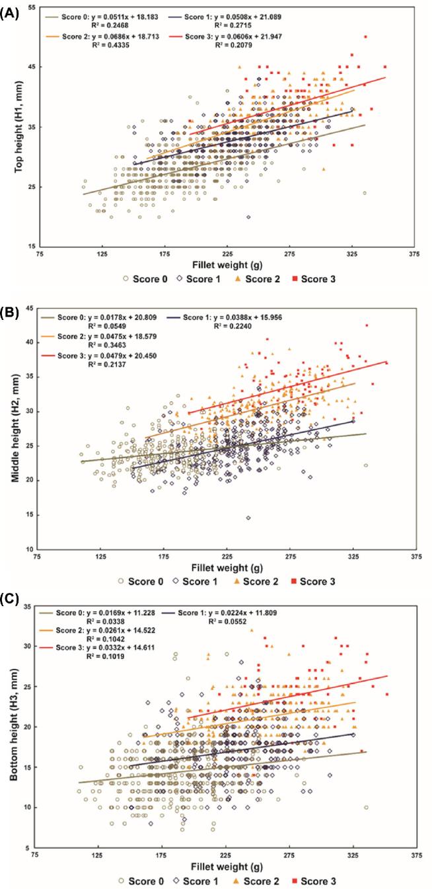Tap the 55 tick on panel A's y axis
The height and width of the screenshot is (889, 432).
pos(31,7)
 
